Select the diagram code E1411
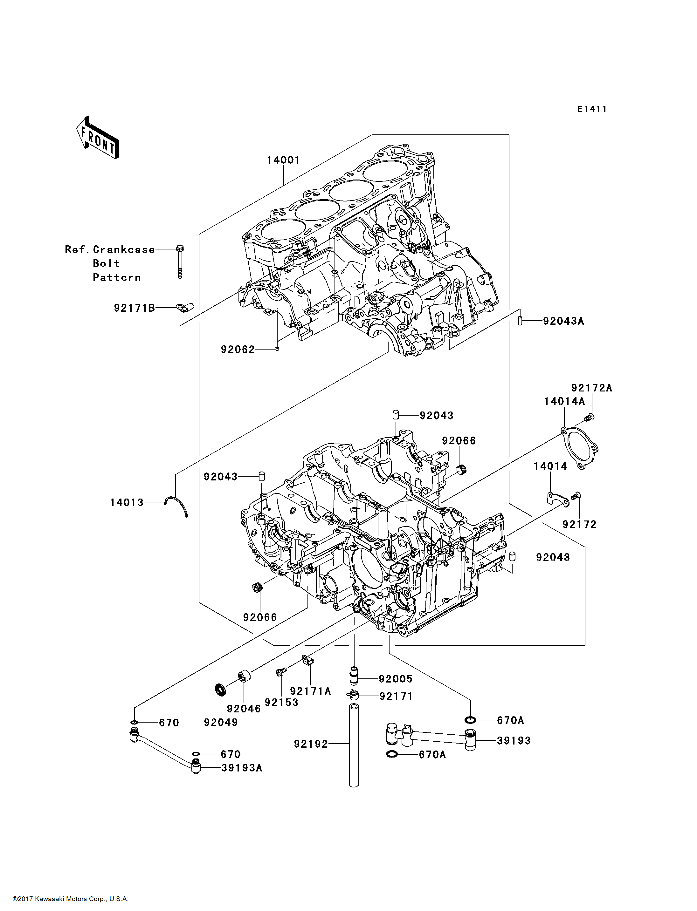click(x=592, y=109)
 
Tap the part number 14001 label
click(x=283, y=160)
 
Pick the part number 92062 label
click(x=238, y=350)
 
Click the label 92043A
click(x=563, y=321)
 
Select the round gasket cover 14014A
click(x=580, y=449)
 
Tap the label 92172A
click(x=592, y=388)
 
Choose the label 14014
click(x=550, y=466)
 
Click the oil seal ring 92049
click(x=220, y=689)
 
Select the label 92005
click(x=395, y=679)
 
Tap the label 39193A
click(x=242, y=767)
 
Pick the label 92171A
click(x=310, y=691)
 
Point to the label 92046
click(x=244, y=709)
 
